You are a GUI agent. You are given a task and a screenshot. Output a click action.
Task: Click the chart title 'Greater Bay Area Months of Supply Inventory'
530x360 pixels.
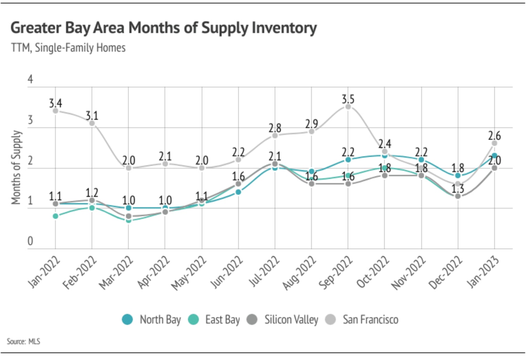click(x=163, y=28)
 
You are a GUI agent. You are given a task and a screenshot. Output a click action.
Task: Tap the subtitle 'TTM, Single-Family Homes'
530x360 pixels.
click(x=68, y=47)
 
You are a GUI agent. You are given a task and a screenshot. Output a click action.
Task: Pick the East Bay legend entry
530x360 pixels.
click(x=214, y=320)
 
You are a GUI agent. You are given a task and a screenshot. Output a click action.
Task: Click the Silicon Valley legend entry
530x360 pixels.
click(x=283, y=320)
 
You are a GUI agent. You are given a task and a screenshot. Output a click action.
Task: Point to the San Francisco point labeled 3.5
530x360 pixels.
click(x=348, y=107)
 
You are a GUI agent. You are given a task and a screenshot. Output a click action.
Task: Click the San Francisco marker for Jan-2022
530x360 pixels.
click(x=55, y=110)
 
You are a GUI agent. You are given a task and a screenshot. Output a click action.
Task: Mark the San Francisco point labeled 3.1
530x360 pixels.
click(x=92, y=123)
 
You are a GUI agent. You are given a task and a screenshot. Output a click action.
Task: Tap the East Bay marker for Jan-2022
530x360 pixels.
click(x=55, y=216)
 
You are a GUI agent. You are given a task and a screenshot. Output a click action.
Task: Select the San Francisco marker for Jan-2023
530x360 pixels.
click(x=494, y=143)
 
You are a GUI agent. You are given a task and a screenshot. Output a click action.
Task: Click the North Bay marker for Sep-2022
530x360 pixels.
click(x=348, y=160)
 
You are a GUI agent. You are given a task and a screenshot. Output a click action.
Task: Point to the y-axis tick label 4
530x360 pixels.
click(x=30, y=79)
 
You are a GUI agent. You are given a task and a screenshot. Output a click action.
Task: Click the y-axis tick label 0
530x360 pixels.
click(x=30, y=241)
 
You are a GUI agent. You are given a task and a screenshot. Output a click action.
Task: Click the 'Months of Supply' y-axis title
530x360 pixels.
click(x=16, y=167)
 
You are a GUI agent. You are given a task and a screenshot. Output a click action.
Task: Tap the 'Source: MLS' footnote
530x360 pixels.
click(x=23, y=341)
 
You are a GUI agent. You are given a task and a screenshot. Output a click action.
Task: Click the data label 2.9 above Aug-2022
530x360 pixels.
click(x=311, y=124)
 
